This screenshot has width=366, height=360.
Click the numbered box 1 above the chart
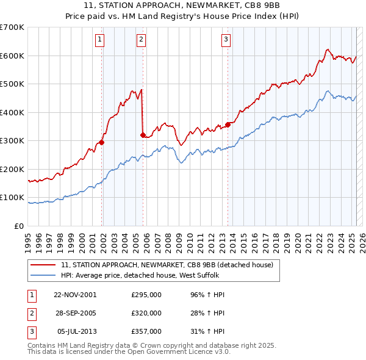[99, 40]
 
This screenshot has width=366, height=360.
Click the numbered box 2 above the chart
[141, 40]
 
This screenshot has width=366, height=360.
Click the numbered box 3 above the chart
[226, 40]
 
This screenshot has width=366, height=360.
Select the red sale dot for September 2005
[143, 135]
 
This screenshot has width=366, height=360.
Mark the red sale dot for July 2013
[228, 125]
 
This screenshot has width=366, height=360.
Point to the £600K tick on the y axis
[12, 56]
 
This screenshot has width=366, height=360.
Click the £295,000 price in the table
[146, 295]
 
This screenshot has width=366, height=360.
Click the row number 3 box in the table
[32, 331]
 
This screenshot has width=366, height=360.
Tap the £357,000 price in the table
[146, 331]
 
